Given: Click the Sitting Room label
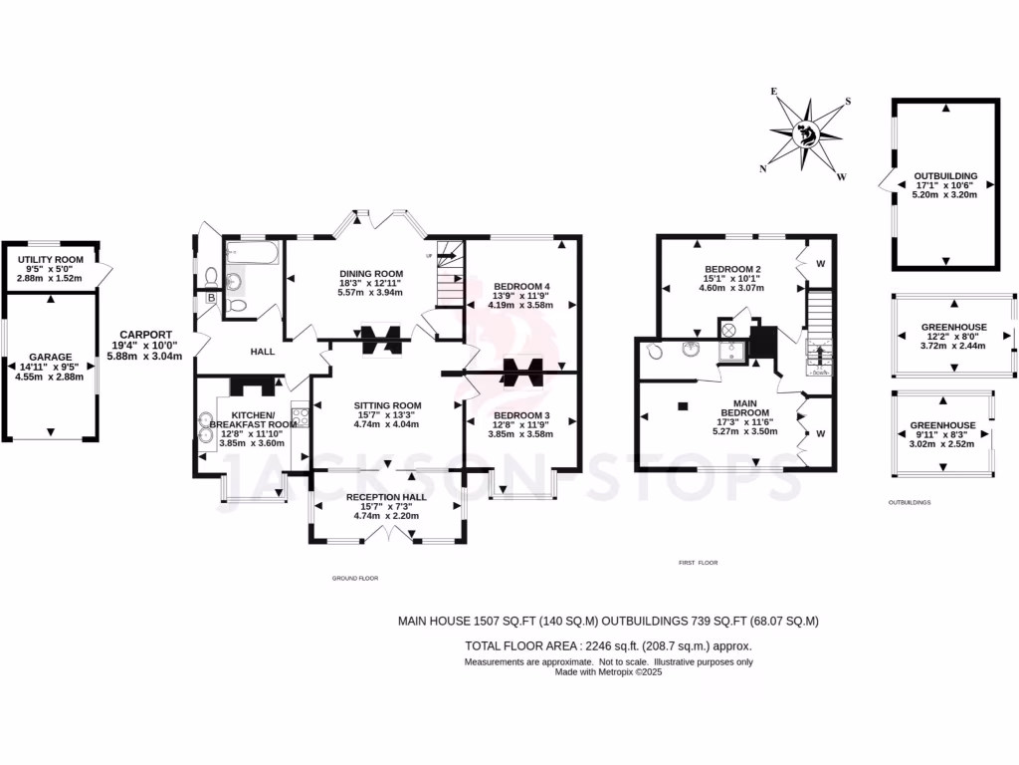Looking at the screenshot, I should tap(388, 405).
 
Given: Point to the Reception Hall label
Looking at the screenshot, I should tap(388, 497).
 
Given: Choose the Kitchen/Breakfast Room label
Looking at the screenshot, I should tap(245, 418).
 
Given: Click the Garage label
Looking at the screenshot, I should tap(50, 356).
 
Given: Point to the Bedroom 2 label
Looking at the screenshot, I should tap(732, 269).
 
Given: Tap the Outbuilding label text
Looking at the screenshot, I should tap(944, 176).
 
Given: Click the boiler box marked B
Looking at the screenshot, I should tap(212, 297).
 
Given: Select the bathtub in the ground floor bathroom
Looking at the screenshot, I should tap(252, 253).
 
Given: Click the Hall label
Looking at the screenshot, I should tap(262, 351).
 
